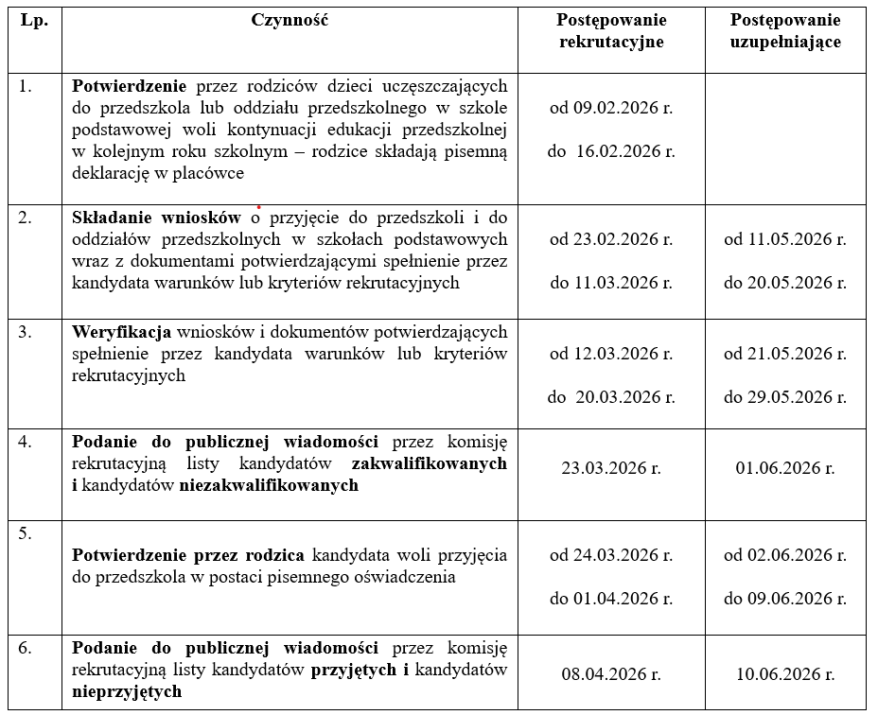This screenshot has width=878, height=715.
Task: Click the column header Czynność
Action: coord(290,21)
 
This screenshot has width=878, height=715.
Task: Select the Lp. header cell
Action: coord(34,21)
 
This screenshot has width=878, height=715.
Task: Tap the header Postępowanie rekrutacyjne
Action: coord(611,31)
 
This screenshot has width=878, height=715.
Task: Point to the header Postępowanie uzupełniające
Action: coord(785,31)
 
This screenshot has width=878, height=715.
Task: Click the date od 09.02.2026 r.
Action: coord(611,108)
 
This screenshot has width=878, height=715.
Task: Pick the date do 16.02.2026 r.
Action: coord(611,151)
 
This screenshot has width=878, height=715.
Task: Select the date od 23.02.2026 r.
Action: coord(611,239)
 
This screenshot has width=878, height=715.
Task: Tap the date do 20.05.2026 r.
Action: coord(785,283)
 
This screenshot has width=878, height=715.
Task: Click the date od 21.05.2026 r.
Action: coord(785,354)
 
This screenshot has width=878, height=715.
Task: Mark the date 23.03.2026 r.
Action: coord(611,467)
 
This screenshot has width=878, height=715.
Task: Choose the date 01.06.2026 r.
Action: coord(785,467)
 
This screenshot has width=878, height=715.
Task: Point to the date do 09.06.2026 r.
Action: coord(785,599)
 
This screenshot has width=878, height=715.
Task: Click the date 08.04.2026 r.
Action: coord(611,674)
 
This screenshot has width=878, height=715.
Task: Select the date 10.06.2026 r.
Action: coord(785,674)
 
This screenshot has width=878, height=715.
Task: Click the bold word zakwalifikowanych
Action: coord(429,464)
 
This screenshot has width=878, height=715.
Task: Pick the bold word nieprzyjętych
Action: coord(127,691)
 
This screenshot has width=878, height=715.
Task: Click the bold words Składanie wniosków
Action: coord(156,218)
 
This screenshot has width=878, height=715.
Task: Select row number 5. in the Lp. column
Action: coord(26,532)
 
